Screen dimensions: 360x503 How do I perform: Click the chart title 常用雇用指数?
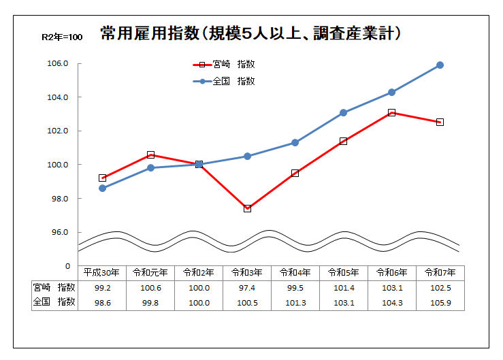pyautogui.click(x=250, y=33)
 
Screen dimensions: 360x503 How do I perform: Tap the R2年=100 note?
pyautogui.click(x=62, y=37)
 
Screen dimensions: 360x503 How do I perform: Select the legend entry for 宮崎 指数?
pyautogui.click(x=225, y=65)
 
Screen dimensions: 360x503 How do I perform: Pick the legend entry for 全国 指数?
pyautogui.click(x=225, y=81)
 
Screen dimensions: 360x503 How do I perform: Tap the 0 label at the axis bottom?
pyautogui.click(x=67, y=266)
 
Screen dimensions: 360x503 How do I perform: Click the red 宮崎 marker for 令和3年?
pyautogui.click(x=247, y=208)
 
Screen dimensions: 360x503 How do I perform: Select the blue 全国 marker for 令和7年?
pyautogui.click(x=440, y=65)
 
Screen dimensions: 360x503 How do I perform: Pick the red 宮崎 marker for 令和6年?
pyautogui.click(x=391, y=112)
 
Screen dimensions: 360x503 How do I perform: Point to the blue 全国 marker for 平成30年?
pyautogui.click(x=102, y=188)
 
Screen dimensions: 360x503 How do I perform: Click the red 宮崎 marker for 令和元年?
pyautogui.click(x=150, y=155)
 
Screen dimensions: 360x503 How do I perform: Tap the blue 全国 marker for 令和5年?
pyautogui.click(x=343, y=112)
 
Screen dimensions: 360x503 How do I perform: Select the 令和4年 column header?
pyautogui.click(x=295, y=272)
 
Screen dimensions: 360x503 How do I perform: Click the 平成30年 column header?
pyautogui.click(x=102, y=272)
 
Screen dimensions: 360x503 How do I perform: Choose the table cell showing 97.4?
pyautogui.click(x=247, y=287)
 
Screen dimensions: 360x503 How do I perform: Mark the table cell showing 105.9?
pyautogui.click(x=440, y=302)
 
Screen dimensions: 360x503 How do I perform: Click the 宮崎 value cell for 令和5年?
pyautogui.click(x=343, y=287)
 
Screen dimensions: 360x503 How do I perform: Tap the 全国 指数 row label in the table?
pyautogui.click(x=54, y=302)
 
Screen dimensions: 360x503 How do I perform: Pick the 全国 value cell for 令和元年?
pyautogui.click(x=150, y=302)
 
